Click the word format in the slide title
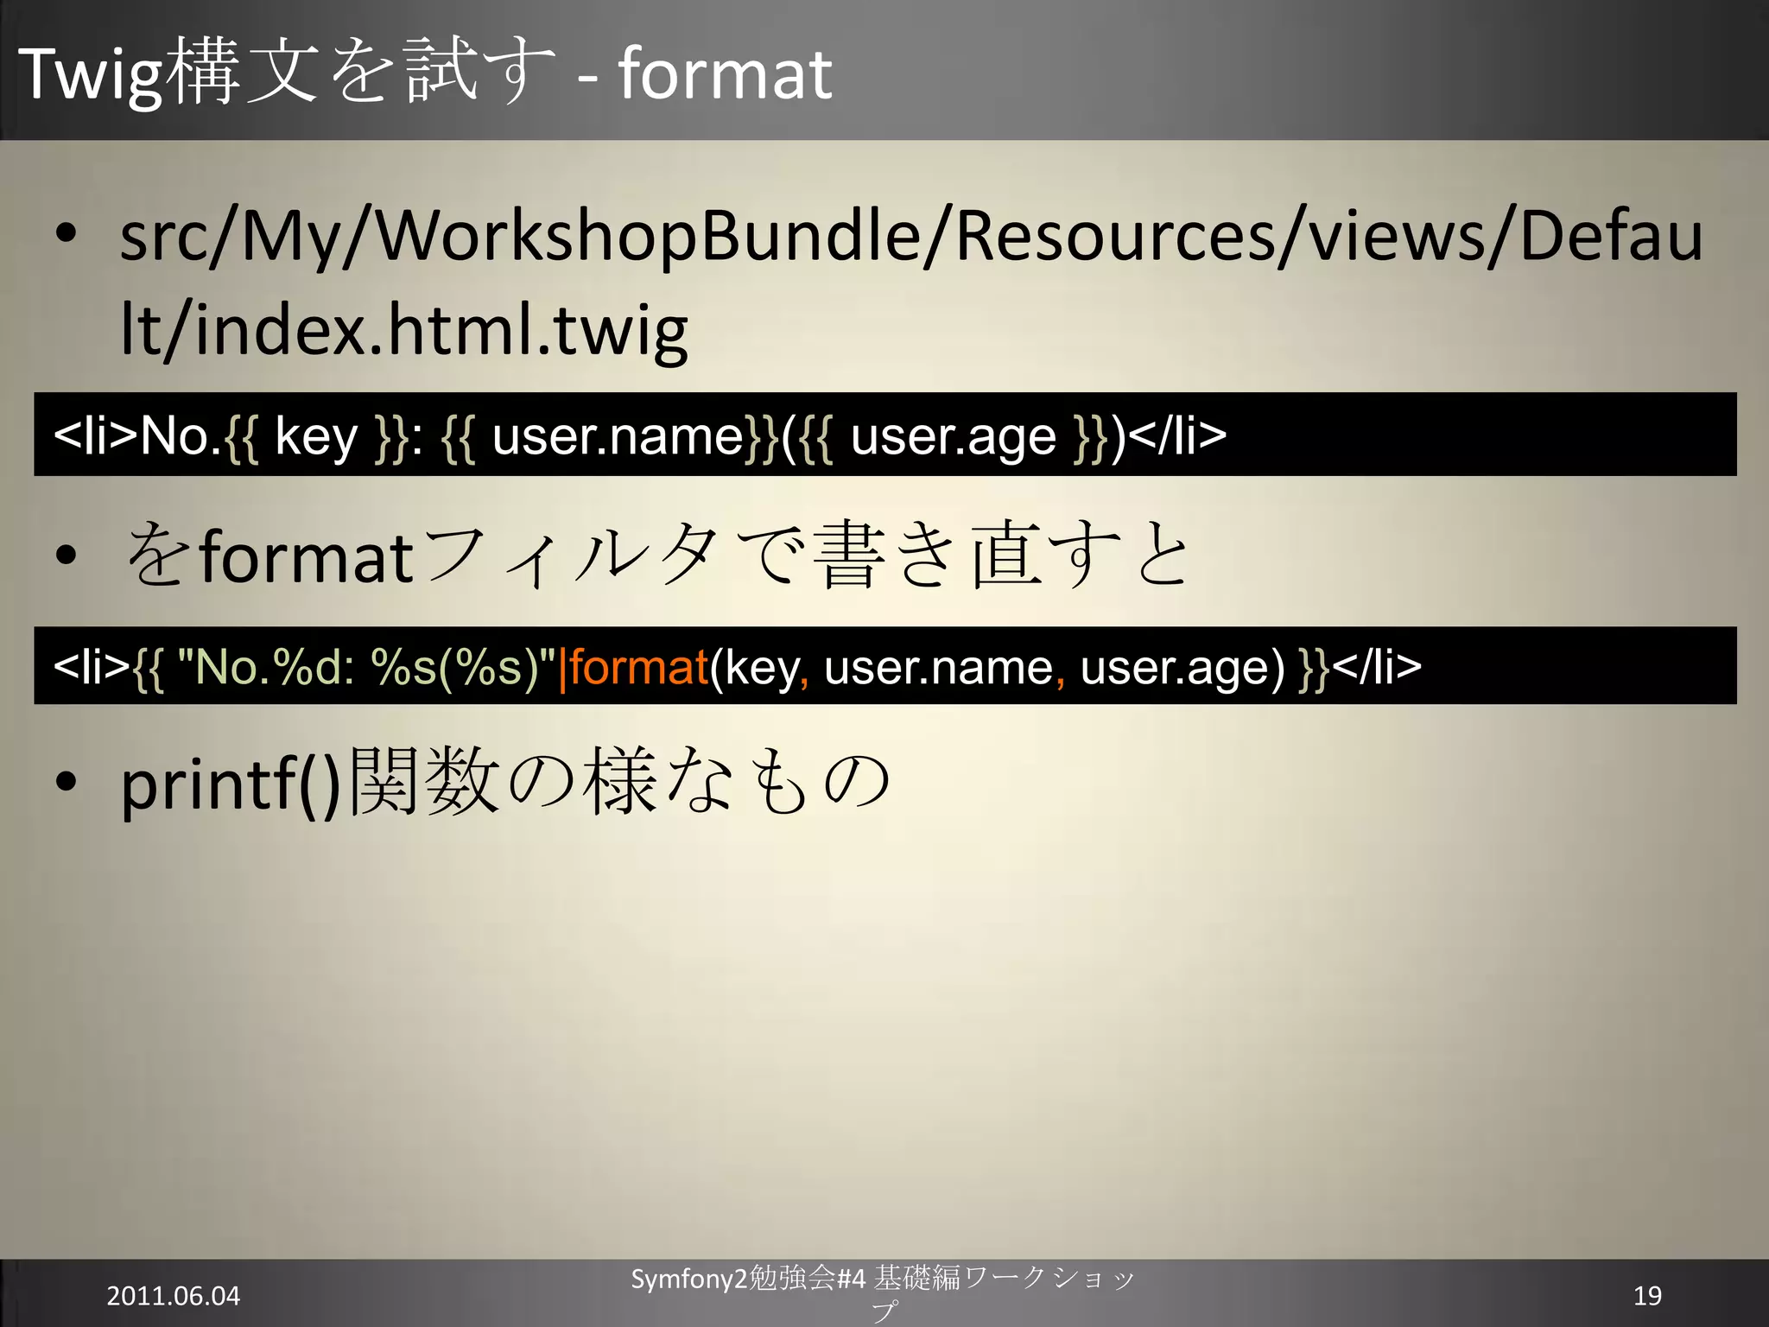pyautogui.click(x=725, y=74)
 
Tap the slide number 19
pyautogui.click(x=1647, y=1295)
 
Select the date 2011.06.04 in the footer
pyautogui.click(x=173, y=1296)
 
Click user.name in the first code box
pyautogui.click(x=618, y=436)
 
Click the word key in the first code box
pyautogui.click(x=315, y=436)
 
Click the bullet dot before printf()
pyautogui.click(x=66, y=782)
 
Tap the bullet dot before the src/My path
pyautogui.click(x=66, y=234)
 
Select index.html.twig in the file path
pyautogui.click(x=441, y=331)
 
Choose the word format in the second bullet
pyautogui.click(x=307, y=557)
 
